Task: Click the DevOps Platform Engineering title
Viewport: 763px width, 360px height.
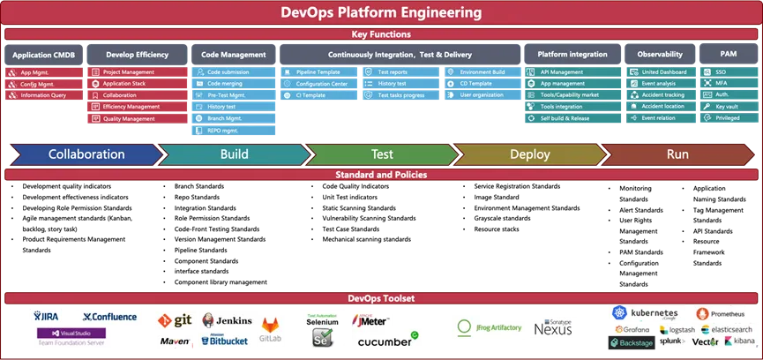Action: coord(381,13)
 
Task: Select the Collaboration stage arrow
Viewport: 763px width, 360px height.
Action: coord(86,154)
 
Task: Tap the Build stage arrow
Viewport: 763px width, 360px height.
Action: coord(233,154)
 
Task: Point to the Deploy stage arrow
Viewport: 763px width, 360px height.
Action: coord(529,154)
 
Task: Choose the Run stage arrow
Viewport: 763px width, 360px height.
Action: coord(677,154)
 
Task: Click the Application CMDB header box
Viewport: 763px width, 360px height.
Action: coord(44,55)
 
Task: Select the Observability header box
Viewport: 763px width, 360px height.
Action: coord(660,55)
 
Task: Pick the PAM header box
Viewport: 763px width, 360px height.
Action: coord(728,55)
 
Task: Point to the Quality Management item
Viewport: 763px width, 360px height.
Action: coord(129,118)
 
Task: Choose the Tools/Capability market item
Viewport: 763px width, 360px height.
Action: coord(569,95)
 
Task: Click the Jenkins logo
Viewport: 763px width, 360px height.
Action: coord(227,321)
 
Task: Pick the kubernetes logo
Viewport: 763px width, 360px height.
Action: coord(645,313)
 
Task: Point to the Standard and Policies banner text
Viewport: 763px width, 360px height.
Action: coord(381,175)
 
